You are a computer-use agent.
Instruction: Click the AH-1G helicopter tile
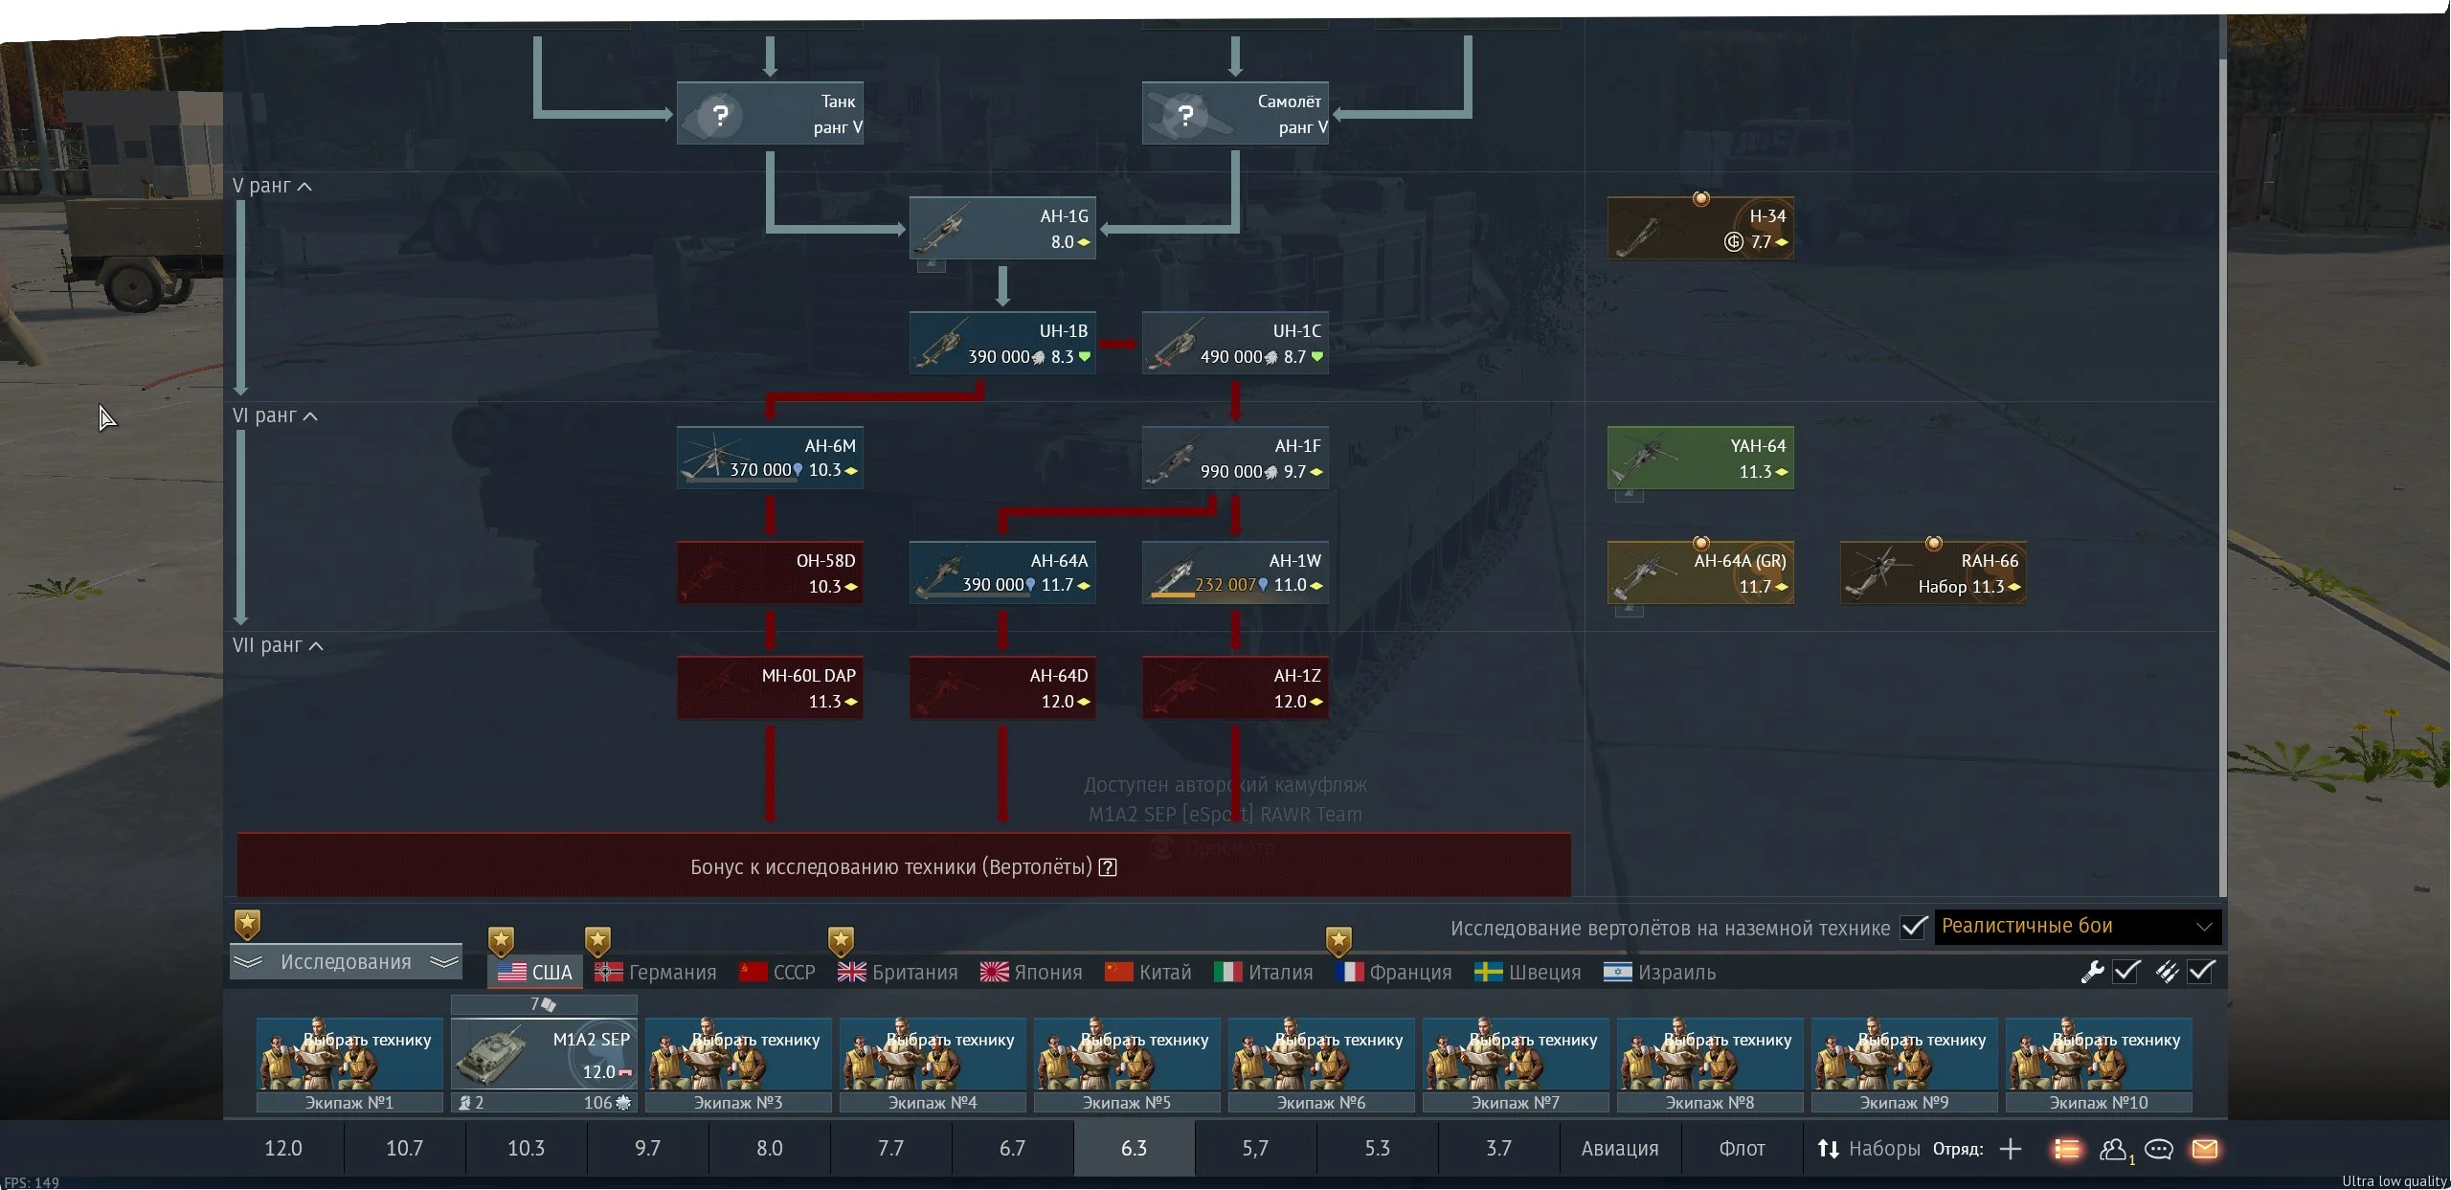coord(1001,229)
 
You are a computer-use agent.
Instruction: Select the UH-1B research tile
coord(1001,344)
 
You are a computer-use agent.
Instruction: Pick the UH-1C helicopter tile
coord(1235,344)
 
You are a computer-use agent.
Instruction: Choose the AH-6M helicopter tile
coord(769,458)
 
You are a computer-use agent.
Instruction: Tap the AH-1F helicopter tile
coord(1235,459)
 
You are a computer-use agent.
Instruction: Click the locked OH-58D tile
coord(769,573)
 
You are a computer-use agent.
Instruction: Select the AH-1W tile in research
coord(1235,573)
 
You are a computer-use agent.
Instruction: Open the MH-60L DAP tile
coord(769,688)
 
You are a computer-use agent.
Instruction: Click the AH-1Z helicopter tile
coord(1235,688)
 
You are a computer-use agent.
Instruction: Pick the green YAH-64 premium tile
coord(1700,459)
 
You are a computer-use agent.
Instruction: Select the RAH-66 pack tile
coord(1933,573)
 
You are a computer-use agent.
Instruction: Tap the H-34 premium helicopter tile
coord(1700,229)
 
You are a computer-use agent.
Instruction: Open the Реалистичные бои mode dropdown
coord(2077,927)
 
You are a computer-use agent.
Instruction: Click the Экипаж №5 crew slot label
coord(1126,1103)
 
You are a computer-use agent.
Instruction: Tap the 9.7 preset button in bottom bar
coord(647,1149)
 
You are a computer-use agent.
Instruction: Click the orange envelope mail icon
coord(2205,1149)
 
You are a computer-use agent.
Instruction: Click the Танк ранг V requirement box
coord(769,114)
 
